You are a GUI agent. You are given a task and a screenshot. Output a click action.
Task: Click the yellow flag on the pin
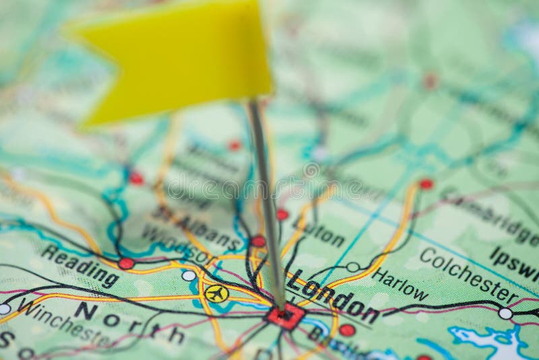175,61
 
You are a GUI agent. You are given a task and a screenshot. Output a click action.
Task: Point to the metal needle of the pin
267,202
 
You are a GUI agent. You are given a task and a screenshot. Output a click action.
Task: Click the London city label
333,297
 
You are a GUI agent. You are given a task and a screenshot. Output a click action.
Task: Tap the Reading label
80,265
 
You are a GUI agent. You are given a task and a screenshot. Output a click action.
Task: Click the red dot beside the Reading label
126,263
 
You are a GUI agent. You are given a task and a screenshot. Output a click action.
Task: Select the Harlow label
400,284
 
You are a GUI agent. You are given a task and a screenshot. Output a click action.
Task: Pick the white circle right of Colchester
505,313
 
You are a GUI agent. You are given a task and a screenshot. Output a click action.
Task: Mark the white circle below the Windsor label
189,275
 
